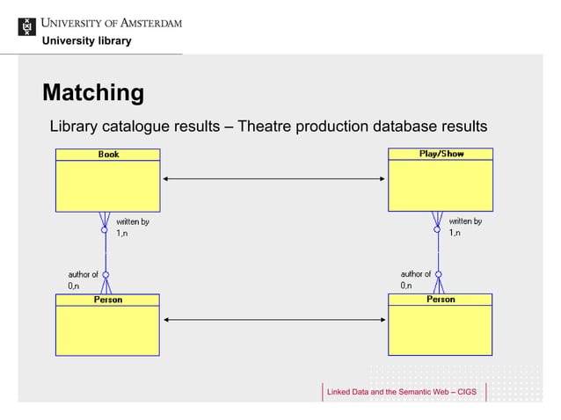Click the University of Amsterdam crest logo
click(28, 26)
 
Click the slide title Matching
click(93, 92)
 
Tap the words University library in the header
click(87, 41)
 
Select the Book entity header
click(108, 155)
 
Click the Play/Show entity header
click(441, 154)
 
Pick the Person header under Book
click(107, 300)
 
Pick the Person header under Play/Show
click(441, 300)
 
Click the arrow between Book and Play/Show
click(273, 179)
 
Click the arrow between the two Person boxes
click(273, 320)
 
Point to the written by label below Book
click(133, 221)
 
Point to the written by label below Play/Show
click(465, 221)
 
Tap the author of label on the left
click(84, 274)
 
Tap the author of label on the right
click(416, 274)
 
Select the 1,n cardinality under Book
click(122, 234)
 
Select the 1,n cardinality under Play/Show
click(455, 234)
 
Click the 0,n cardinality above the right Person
click(406, 286)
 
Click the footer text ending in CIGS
click(401, 391)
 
